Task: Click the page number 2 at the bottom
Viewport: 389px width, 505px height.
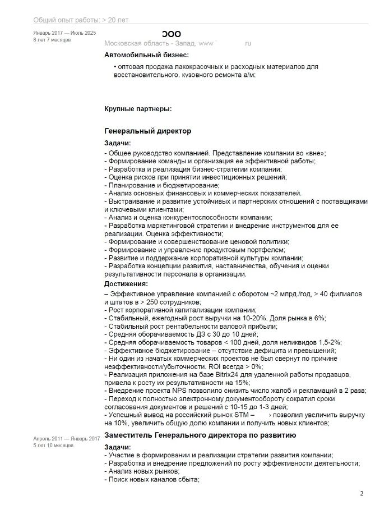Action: pyautogui.click(x=362, y=493)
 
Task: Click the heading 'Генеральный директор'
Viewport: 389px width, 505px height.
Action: pyautogui.click(x=148, y=131)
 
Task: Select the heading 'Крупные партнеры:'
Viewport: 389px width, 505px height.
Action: pyautogui.click(x=138, y=108)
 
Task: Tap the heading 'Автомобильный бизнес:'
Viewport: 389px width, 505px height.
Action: pyautogui.click(x=147, y=55)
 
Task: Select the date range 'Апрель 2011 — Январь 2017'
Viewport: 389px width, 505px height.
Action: pyautogui.click(x=66, y=438)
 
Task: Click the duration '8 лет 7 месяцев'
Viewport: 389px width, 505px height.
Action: pyautogui.click(x=52, y=41)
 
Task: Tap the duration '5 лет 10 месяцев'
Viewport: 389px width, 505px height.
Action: pyautogui.click(x=54, y=445)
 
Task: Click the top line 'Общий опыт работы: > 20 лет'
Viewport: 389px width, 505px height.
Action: pyautogui.click(x=81, y=20)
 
